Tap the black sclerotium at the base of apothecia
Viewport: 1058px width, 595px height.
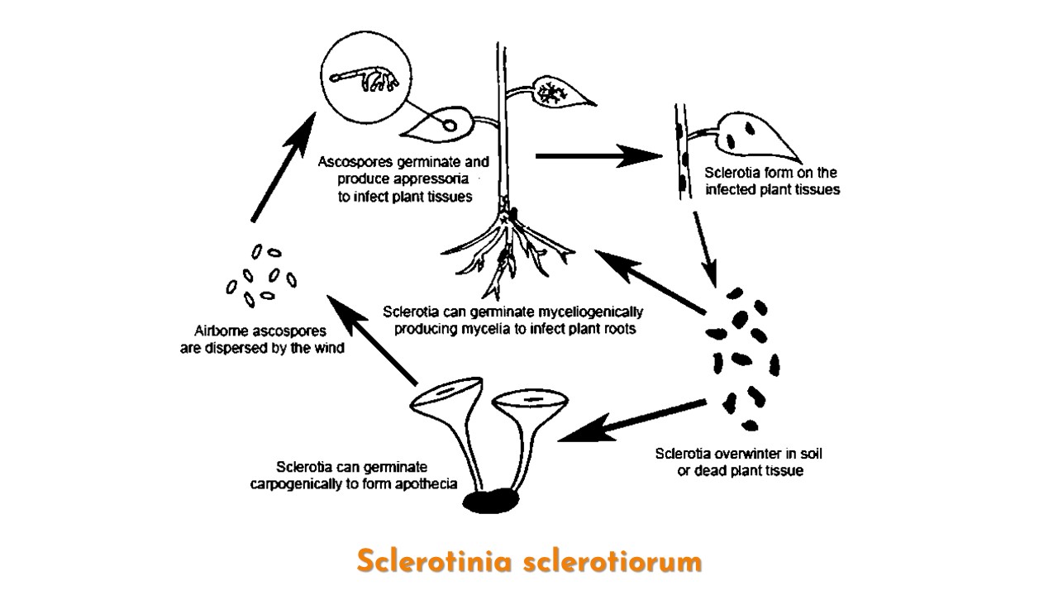(493, 501)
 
